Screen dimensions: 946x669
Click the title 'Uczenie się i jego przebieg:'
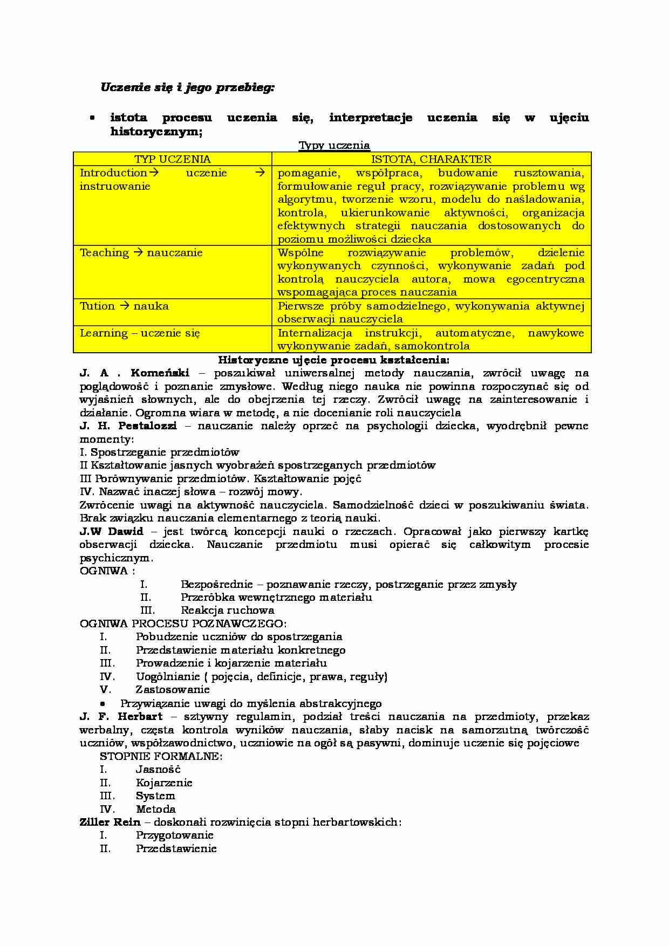click(187, 87)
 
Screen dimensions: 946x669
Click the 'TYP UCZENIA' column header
click(173, 159)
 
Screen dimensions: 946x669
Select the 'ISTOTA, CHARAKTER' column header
click(431, 159)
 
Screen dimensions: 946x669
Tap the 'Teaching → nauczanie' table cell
click(141, 253)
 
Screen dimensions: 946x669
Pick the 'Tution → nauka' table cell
click(124, 306)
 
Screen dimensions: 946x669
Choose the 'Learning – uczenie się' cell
click(140, 333)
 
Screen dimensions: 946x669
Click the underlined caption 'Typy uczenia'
click(334, 145)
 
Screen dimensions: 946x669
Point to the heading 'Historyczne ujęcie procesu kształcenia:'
click(333, 359)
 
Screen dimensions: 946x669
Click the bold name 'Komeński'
click(160, 373)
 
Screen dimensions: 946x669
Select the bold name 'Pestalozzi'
click(147, 426)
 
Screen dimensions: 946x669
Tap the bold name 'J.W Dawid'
click(111, 531)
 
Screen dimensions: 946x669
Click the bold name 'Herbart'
click(140, 717)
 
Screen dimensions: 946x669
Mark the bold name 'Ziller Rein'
click(110, 822)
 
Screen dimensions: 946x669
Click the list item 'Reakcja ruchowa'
click(227, 611)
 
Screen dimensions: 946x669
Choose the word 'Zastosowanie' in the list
click(173, 690)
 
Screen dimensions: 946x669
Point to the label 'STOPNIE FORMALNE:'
click(161, 756)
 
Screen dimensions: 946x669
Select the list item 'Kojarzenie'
click(164, 783)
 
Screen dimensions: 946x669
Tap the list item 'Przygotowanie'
click(174, 835)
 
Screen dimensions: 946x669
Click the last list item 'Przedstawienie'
click(176, 848)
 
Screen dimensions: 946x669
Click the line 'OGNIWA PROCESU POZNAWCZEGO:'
click(183, 623)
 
